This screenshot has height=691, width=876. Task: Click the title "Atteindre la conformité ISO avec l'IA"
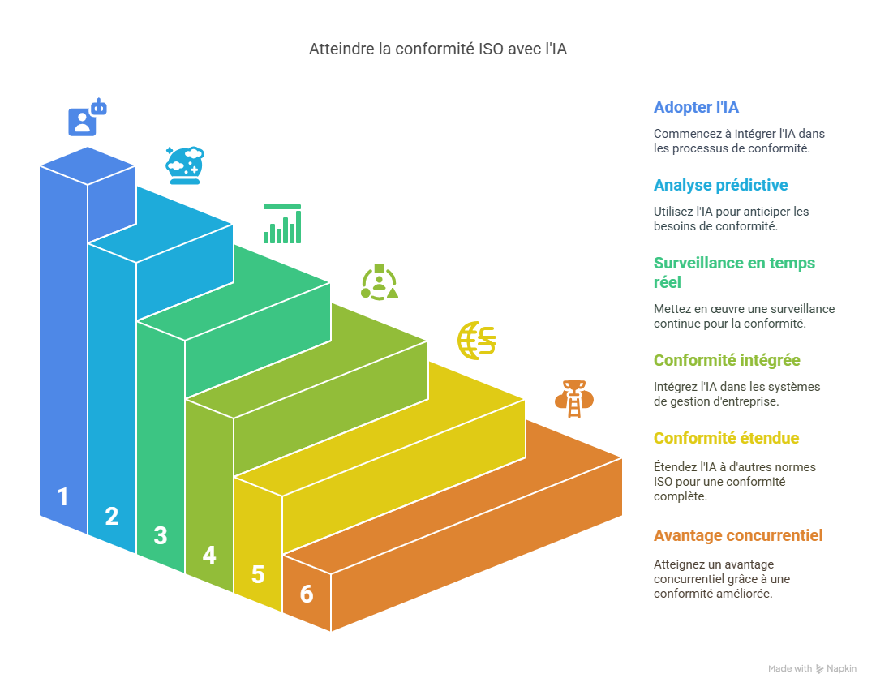(438, 49)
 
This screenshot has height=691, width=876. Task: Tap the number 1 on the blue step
(62, 497)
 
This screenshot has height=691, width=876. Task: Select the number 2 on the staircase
(112, 517)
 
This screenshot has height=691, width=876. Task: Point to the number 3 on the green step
(161, 536)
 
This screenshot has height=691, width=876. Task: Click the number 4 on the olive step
(209, 556)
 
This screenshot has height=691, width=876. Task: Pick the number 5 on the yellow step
(258, 575)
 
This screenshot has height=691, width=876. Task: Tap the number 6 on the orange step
(307, 594)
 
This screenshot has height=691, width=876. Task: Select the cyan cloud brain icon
(185, 165)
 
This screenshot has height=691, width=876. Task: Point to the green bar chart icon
(282, 224)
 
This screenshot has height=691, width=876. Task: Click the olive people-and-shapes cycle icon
(379, 282)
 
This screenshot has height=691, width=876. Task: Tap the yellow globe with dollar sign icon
(477, 341)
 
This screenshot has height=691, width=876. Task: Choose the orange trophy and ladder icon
(574, 398)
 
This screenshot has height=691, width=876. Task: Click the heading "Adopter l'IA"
(696, 108)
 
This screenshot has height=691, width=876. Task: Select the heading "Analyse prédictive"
(720, 186)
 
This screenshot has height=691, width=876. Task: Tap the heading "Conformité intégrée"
(727, 361)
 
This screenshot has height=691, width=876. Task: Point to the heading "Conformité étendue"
(726, 439)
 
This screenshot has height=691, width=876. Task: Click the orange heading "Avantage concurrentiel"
(737, 536)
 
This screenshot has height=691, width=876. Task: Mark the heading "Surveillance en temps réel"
(734, 273)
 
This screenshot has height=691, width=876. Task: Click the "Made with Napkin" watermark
(812, 669)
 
